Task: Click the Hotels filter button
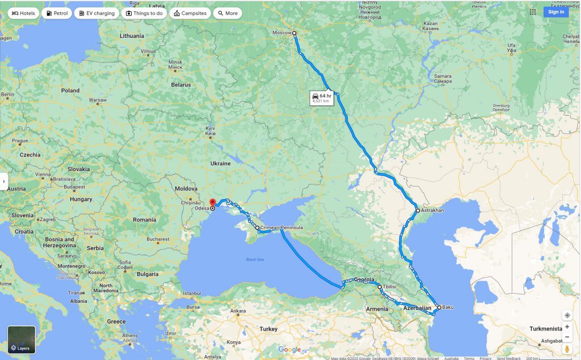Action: pos(23,13)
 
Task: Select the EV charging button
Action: pos(97,13)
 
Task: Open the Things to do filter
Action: pos(144,13)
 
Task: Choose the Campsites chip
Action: pos(190,13)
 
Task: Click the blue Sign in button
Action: pos(555,12)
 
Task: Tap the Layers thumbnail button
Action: pos(22,339)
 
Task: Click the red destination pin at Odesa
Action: pos(212,202)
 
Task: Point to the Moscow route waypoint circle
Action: pos(294,33)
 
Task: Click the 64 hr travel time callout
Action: pos(321,98)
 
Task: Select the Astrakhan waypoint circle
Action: pos(418,211)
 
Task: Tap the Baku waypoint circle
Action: pos(439,307)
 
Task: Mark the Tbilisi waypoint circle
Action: pos(380,287)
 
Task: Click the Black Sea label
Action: pos(255,260)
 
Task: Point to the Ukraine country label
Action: pos(221,163)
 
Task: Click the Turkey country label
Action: pos(268,329)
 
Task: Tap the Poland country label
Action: pos(70,90)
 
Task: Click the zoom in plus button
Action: pos(567,327)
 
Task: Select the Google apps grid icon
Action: pos(533,12)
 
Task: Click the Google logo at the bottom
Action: pos(289,350)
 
